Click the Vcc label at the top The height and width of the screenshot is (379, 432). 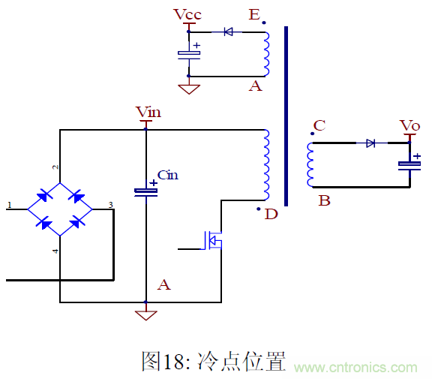(187, 15)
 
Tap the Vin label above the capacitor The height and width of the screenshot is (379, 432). (148, 113)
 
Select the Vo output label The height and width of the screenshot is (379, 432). (409, 125)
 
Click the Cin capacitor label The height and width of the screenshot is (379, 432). (168, 176)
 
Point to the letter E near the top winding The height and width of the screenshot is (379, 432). (255, 15)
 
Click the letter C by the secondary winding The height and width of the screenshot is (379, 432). (319, 125)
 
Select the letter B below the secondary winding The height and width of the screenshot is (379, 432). (324, 200)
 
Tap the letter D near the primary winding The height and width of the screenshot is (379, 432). (271, 215)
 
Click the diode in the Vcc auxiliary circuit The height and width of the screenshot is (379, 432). (227, 32)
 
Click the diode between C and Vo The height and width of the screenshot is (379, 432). (370, 143)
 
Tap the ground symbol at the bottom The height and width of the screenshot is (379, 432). (146, 314)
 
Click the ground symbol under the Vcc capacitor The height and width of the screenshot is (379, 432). (189, 89)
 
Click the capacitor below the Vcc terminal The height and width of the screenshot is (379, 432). (189, 54)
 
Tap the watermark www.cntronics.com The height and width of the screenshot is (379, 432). (355, 367)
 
